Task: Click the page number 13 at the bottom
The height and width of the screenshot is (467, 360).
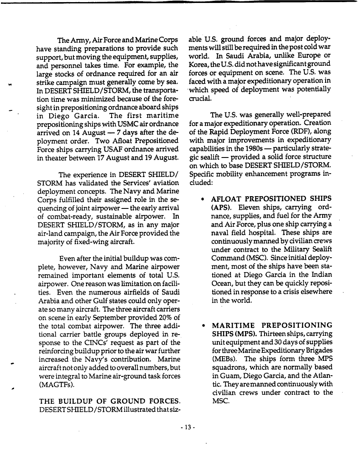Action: tap(180, 425)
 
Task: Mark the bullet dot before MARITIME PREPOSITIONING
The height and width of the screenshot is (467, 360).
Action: tap(204, 325)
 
